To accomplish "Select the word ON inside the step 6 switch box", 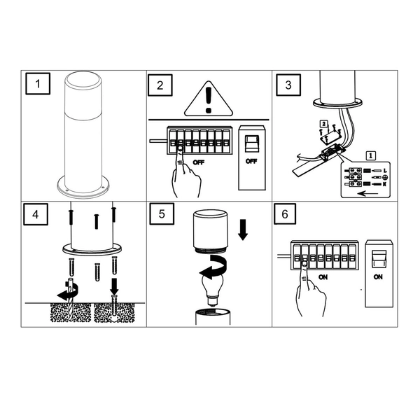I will (379, 276).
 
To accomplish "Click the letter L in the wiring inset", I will (385, 170).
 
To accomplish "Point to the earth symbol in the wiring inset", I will (385, 178).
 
